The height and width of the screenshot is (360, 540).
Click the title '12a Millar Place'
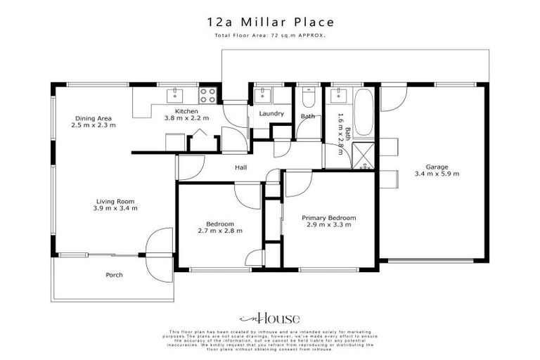point(270,24)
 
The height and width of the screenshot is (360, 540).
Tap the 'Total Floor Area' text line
point(270,36)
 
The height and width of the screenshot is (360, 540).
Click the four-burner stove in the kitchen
point(207,95)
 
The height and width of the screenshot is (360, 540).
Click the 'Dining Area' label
point(94,118)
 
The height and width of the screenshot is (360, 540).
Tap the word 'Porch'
point(114,275)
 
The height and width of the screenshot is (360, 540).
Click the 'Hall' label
point(241,168)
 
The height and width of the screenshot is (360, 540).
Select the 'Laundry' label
point(271,113)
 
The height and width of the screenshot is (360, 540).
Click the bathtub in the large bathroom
point(364,112)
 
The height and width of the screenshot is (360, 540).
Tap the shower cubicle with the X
point(364,154)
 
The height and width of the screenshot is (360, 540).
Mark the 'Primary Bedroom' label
point(328,218)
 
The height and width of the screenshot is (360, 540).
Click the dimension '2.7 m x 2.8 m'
point(219,231)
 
